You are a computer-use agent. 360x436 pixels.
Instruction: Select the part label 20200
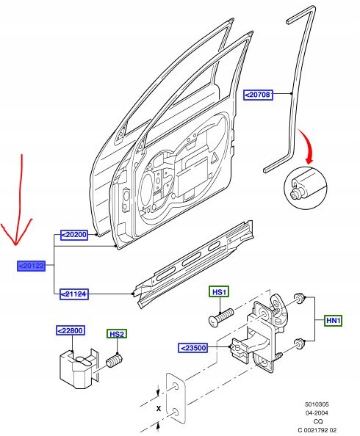coord(73,235)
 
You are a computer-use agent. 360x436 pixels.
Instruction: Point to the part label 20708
coord(261,94)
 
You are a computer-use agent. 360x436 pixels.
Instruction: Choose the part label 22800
coord(71,332)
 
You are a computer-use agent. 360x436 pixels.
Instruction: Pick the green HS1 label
coord(220,292)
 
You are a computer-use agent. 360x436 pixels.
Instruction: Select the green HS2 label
coord(117,335)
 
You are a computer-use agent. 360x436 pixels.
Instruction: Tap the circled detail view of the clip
coord(303,189)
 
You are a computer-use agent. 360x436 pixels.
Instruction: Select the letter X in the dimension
coord(159,407)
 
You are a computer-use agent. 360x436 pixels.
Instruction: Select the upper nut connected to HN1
coord(300,297)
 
